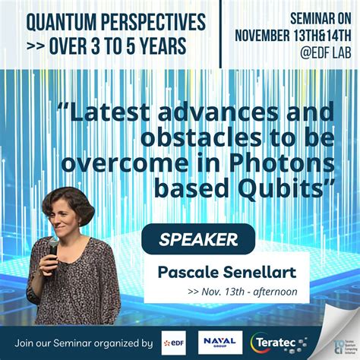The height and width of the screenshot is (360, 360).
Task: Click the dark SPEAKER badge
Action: [x=200, y=240]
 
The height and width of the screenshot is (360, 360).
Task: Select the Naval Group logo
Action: [x=219, y=342]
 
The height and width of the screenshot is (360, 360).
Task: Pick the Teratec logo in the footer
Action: [x=279, y=343]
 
